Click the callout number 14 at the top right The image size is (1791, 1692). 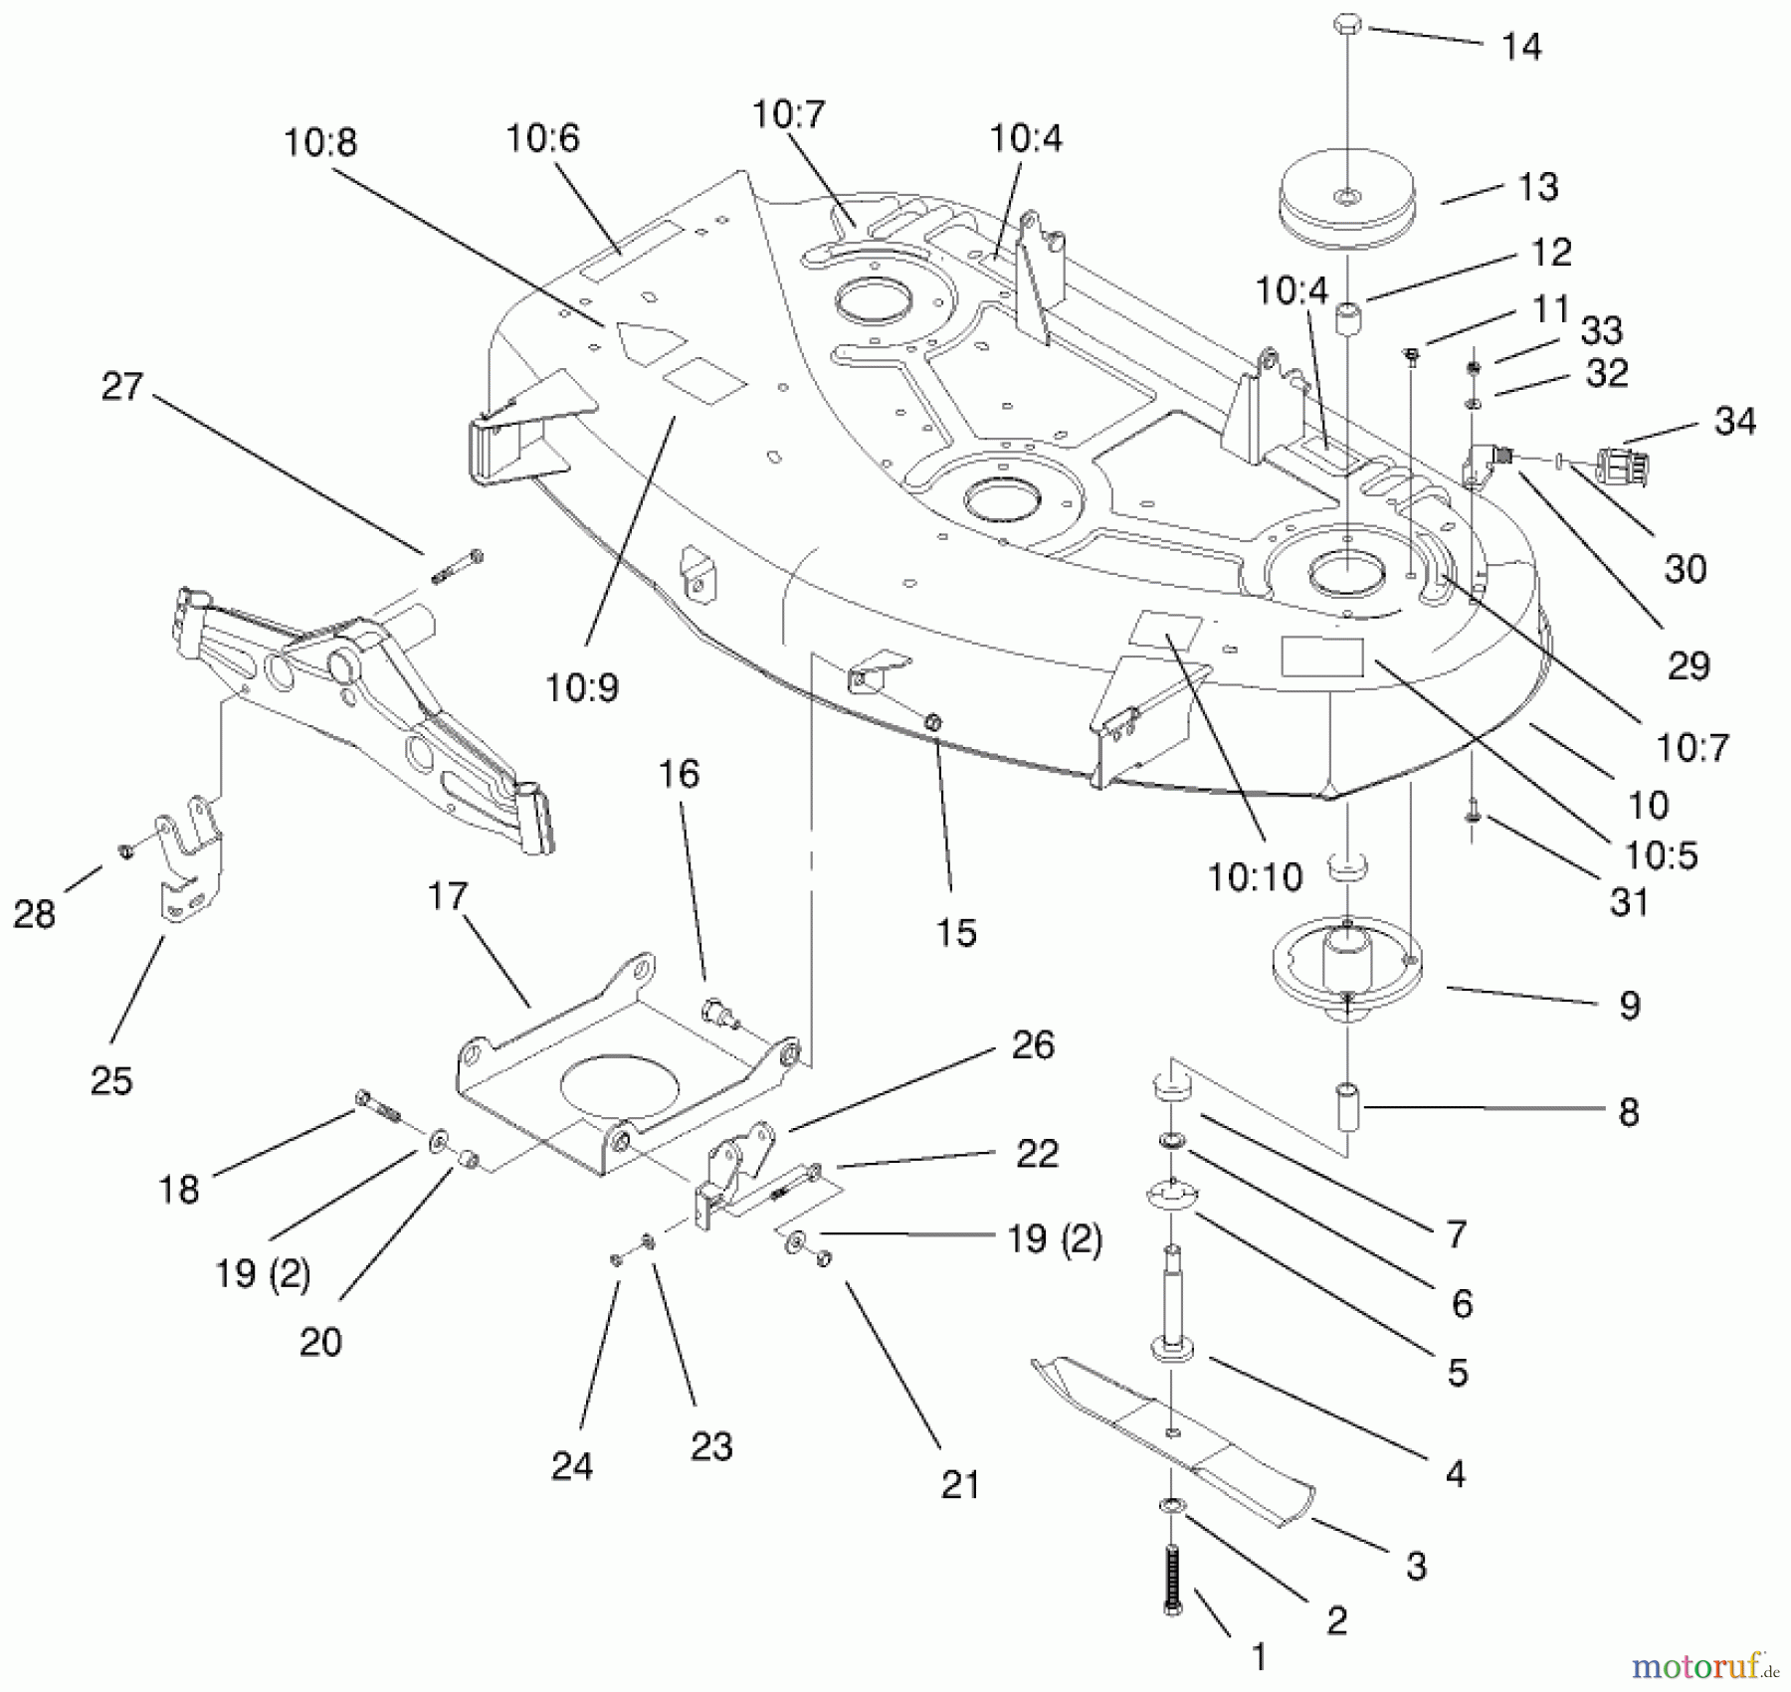pos(1520,47)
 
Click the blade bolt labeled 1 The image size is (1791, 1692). pos(1173,1581)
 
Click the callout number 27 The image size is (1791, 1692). pos(121,386)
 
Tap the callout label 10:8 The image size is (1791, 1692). pos(319,142)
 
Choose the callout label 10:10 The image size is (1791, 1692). pos(1254,876)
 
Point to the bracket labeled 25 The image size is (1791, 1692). pos(189,855)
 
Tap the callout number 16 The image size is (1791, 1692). pos(679,773)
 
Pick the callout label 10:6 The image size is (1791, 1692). pos(542,137)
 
